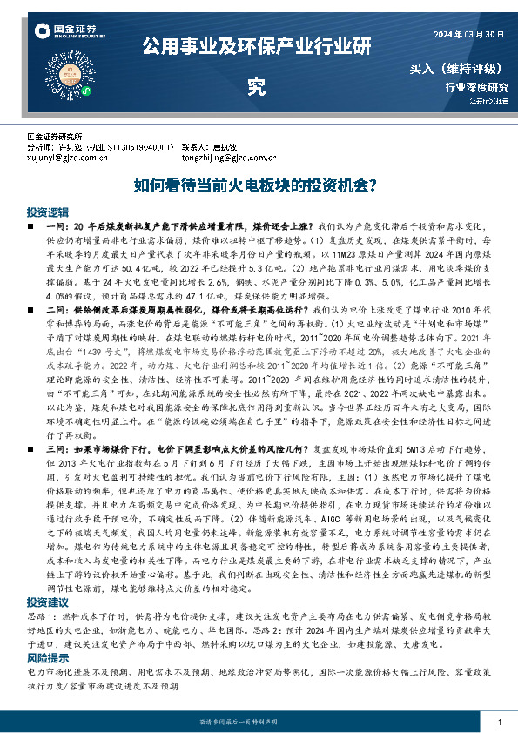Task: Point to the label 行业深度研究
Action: pyautogui.click(x=476, y=87)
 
